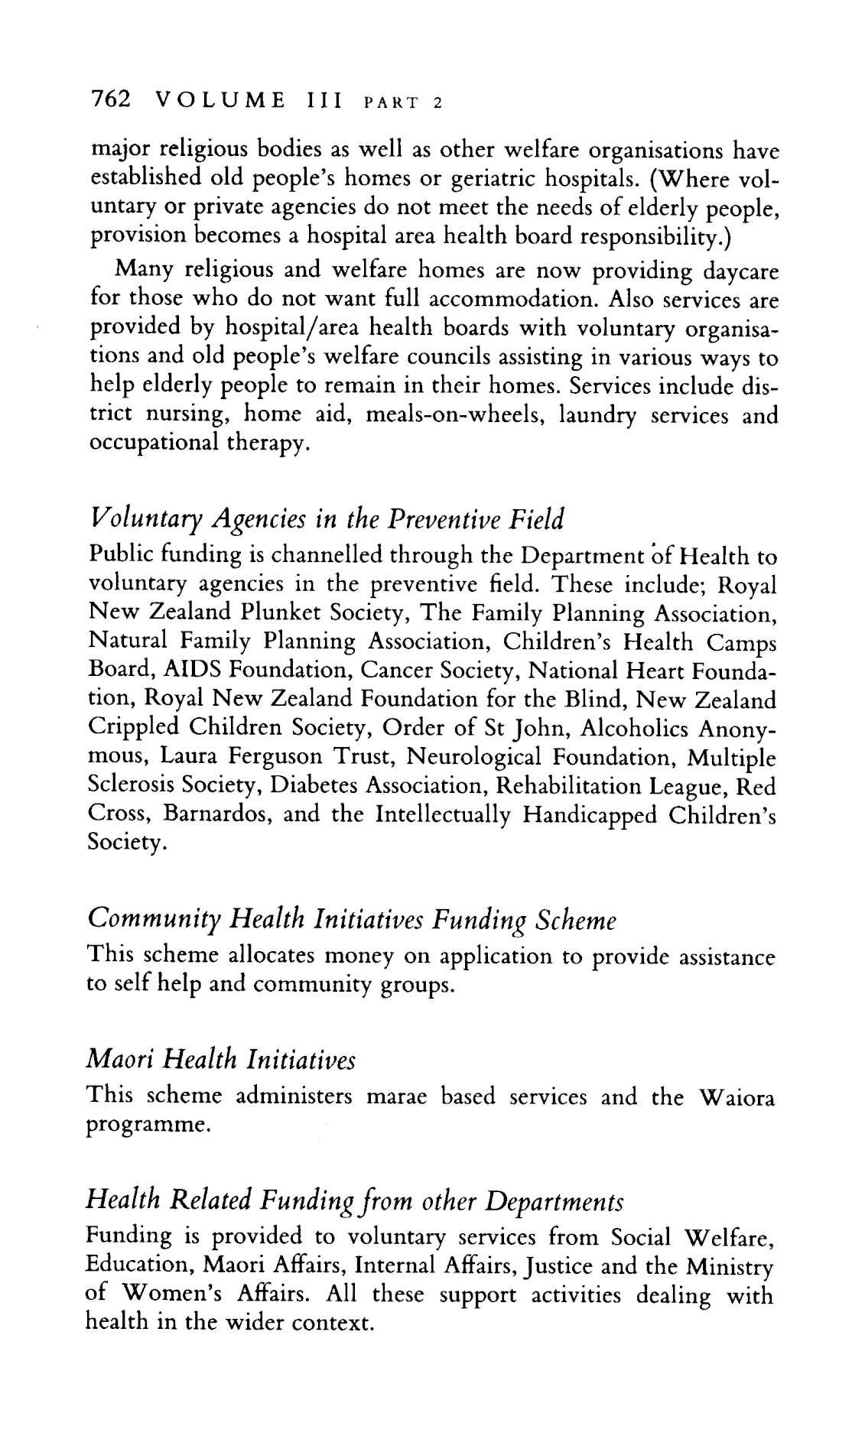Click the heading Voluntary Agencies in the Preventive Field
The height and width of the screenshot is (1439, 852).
(x=327, y=521)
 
